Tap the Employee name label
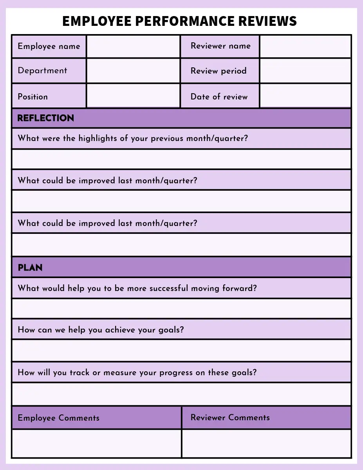click(49, 46)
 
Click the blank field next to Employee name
click(133, 47)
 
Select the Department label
click(42, 71)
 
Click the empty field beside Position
click(133, 96)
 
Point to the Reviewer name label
click(220, 46)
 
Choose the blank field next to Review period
click(305, 71)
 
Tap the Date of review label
click(219, 97)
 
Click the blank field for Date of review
click(305, 96)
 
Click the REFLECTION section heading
click(46, 118)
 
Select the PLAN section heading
click(30, 268)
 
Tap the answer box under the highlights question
click(181, 159)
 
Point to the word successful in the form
click(164, 288)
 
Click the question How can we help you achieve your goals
click(101, 330)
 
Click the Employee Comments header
click(58, 418)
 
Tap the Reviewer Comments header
click(230, 418)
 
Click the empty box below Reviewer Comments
click(266, 443)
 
